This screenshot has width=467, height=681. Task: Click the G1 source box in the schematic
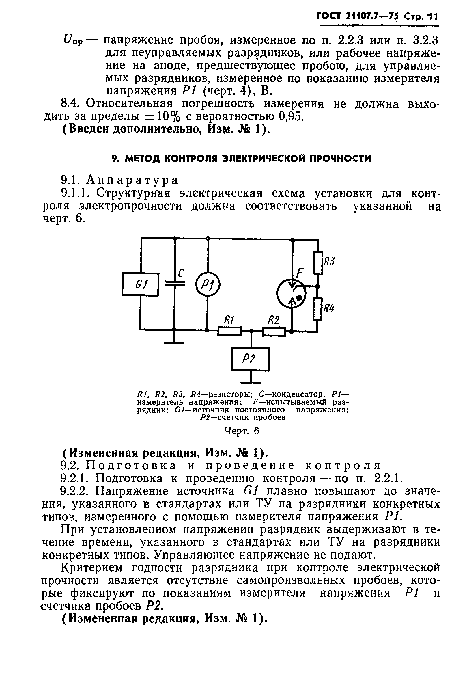tap(141, 284)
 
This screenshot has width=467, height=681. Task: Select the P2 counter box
tap(251, 359)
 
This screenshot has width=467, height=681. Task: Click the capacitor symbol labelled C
tap(175, 283)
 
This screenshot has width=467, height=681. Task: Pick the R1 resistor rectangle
tap(229, 332)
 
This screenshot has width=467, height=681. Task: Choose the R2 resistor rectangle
tap(274, 332)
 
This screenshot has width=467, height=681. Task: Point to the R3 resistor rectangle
tap(318, 263)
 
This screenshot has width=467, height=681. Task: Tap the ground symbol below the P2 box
tap(251, 382)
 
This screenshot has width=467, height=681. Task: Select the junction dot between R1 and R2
tap(251, 331)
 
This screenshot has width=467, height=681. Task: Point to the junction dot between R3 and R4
tap(318, 286)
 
